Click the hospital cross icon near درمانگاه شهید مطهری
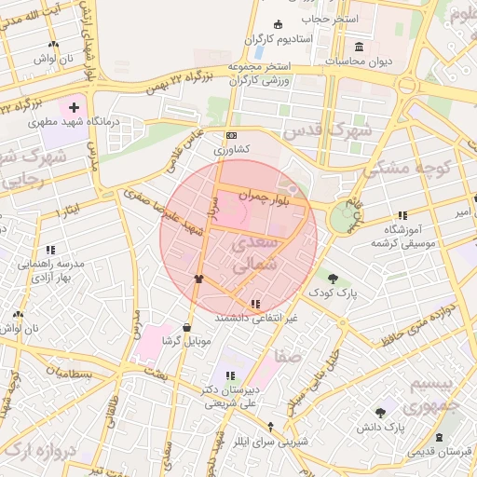pos(75,108)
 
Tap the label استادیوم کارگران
pos(277,39)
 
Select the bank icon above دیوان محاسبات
pos(359,48)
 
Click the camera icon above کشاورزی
pos(232,134)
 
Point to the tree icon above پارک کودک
pos(333,278)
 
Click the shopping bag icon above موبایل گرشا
pos(188,327)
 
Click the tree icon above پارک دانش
pos(380,413)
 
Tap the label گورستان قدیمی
pos(438,451)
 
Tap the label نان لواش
pos(53,58)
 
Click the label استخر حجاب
pos(323,18)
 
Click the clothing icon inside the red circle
pos(198,278)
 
